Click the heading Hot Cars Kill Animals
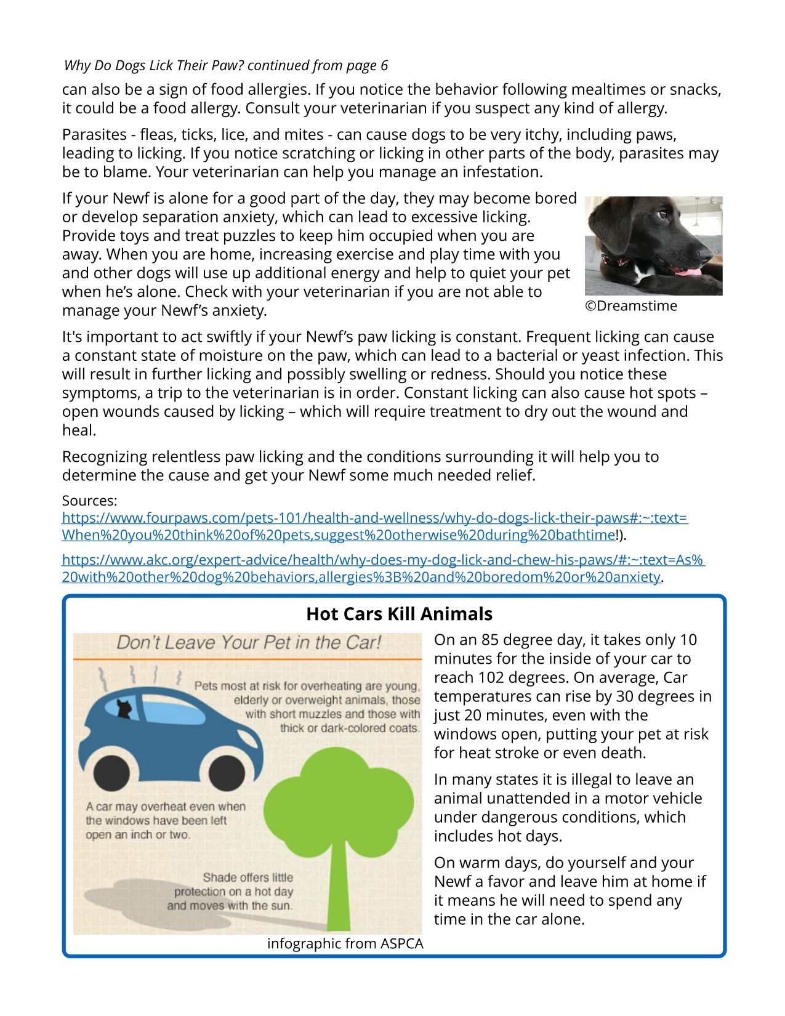click(399, 614)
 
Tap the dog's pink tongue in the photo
click(687, 271)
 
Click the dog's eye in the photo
click(662, 215)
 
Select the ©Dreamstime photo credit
click(630, 306)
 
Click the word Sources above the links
click(89, 500)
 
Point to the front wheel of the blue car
click(227, 772)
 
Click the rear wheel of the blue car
click(111, 772)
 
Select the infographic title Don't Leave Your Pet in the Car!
click(249, 643)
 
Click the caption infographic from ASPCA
click(345, 943)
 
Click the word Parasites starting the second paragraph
click(93, 134)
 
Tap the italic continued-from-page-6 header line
click(226, 65)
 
